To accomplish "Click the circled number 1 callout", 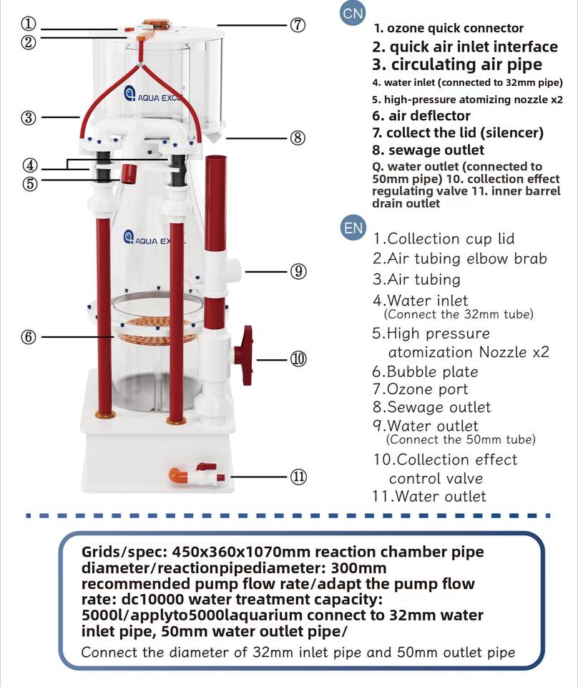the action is click(x=29, y=24).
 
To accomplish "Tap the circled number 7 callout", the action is click(x=298, y=24).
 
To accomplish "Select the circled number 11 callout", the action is click(x=298, y=477).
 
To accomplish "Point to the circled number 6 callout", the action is click(x=29, y=337).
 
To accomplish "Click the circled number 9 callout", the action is click(x=298, y=272).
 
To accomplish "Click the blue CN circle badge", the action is click(x=353, y=14).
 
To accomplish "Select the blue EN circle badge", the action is click(x=353, y=228).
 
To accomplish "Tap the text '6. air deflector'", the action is click(x=421, y=116).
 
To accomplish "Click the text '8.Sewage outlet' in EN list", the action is click(x=432, y=407).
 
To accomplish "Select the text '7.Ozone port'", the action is click(x=421, y=389).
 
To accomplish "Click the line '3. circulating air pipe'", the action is click(x=457, y=65).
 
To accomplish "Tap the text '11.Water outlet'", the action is click(x=429, y=497).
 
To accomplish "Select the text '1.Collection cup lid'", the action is click(x=444, y=239).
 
